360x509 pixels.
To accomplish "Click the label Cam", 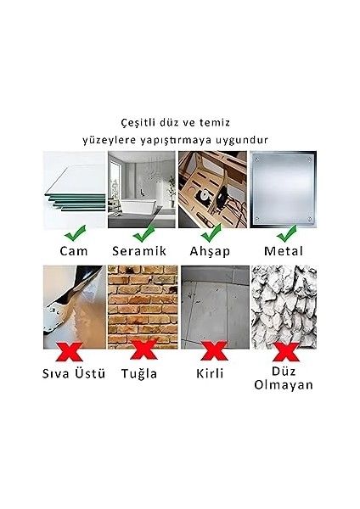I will (74, 251).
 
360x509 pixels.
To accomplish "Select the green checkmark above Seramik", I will (142, 232).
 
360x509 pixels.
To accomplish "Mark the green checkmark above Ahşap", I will (209, 231).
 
